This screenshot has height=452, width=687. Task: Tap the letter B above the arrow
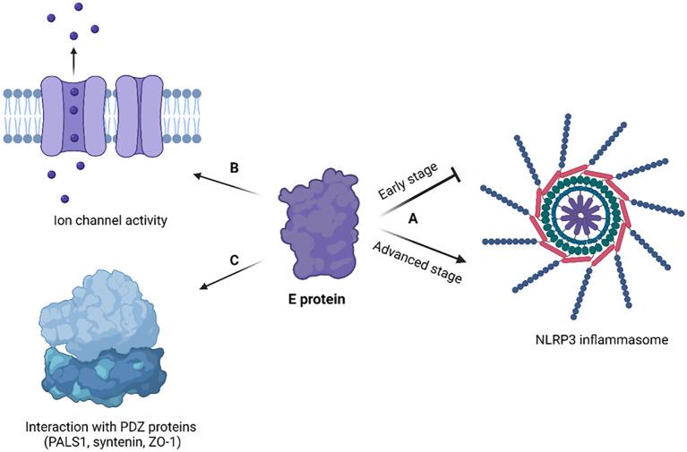coord(233,167)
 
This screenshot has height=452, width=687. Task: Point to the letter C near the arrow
coord(234,259)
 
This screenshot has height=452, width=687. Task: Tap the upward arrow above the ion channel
coord(73,60)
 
